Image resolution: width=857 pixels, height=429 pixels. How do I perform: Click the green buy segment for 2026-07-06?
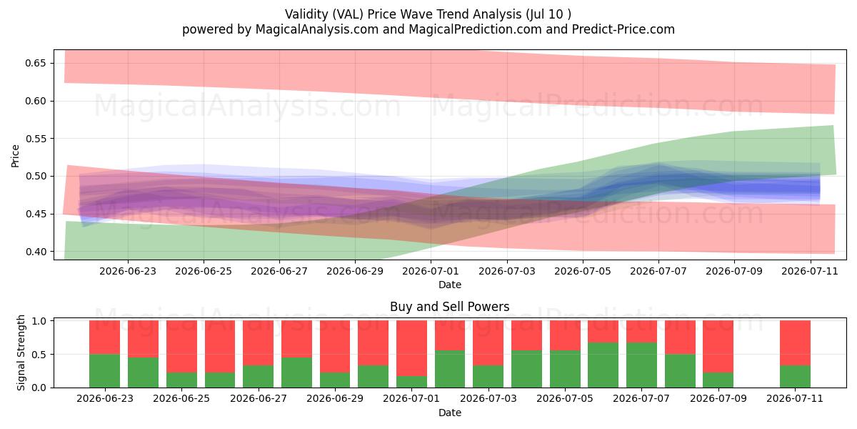point(603,365)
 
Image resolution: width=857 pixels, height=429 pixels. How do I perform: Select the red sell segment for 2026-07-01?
point(411,348)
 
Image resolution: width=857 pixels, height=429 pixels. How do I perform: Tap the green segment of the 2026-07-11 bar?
point(795,377)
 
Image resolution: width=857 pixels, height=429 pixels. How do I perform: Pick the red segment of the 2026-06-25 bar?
point(181,347)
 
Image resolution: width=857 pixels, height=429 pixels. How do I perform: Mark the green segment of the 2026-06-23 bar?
point(104,371)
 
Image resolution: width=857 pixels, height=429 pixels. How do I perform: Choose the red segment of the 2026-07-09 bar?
point(718,347)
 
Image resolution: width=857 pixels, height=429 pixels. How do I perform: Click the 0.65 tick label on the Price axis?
point(36,63)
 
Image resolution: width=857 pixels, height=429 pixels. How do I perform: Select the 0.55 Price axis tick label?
point(36,139)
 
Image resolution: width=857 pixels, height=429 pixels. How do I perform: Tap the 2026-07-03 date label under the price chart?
point(507,271)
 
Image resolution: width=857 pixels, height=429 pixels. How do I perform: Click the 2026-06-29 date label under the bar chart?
point(335,398)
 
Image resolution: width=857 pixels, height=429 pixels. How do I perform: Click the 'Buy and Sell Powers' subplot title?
point(449,307)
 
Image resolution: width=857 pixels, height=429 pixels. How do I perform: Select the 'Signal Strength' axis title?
point(21,352)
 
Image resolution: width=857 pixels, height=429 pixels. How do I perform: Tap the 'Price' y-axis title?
point(15,156)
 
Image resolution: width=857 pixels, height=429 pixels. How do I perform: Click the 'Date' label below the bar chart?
point(449,413)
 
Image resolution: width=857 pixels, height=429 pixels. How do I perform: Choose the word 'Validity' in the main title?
point(307,14)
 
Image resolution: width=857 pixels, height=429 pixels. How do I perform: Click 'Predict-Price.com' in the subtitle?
point(623,29)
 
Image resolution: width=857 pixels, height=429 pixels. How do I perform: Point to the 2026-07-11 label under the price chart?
point(810,271)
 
